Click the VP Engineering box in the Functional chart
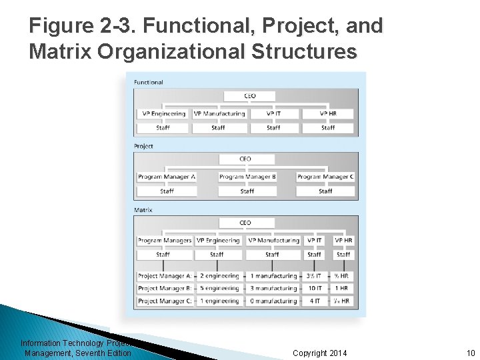(x=163, y=114)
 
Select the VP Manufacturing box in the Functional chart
(x=219, y=114)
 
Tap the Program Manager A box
(x=167, y=177)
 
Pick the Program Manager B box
(x=247, y=177)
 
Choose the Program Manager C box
(x=325, y=177)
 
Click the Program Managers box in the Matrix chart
(x=164, y=241)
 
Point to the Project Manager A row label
(x=164, y=276)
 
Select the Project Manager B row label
(x=164, y=289)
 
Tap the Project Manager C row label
(x=164, y=301)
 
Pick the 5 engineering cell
(x=219, y=289)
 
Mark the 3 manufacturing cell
(x=273, y=289)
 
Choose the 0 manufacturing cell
(x=273, y=301)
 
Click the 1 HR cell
(x=342, y=289)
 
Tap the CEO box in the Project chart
(x=245, y=159)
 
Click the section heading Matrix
(x=143, y=210)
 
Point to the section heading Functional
(x=149, y=83)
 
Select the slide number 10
(x=470, y=353)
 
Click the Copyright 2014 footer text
(x=320, y=353)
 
